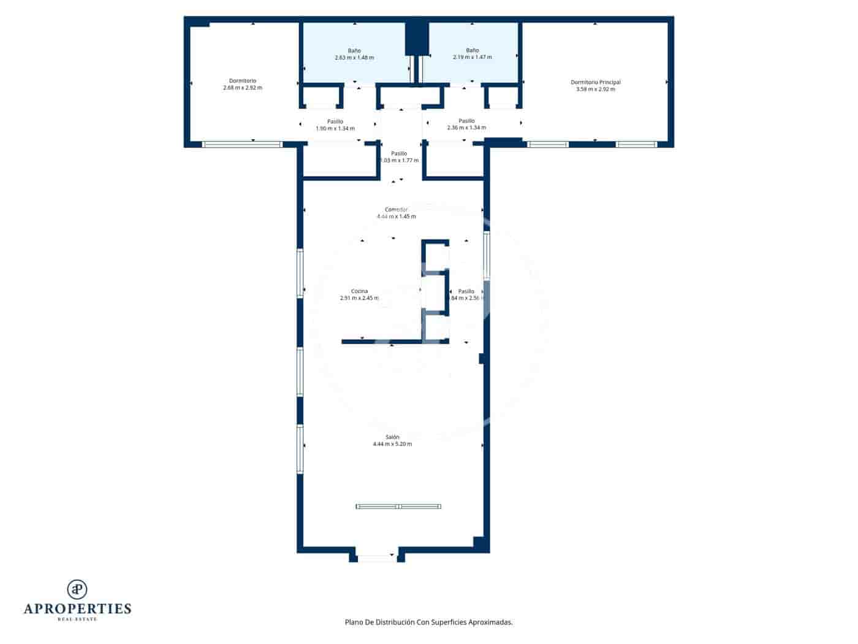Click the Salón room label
pos(392,437)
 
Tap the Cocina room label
pos(359,291)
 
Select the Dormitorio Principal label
pos(595,82)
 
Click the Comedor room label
pos(396,210)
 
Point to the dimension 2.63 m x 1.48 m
pos(354,58)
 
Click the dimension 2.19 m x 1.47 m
pos(472,57)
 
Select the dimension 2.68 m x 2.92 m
pos(243,88)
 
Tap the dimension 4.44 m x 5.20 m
pos(392,444)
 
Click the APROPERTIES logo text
pos(77,609)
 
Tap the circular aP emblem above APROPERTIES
pos(77,589)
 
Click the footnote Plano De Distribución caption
pos(428,622)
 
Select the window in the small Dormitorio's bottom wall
pos(242,144)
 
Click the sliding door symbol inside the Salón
pos(398,506)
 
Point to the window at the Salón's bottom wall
pos(376,558)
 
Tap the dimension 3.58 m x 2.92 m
pos(595,89)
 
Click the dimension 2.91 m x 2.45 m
pos(359,298)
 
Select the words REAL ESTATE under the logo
pos(77,619)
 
